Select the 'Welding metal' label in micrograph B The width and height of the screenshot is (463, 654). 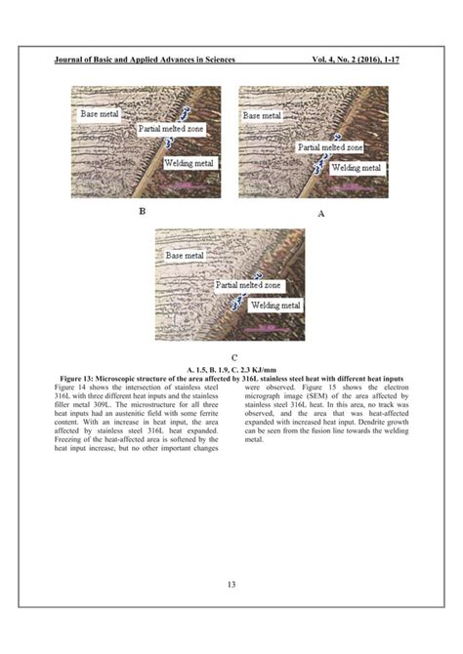189,163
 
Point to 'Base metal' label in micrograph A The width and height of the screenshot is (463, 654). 263,114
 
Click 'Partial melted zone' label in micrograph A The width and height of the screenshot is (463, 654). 329,147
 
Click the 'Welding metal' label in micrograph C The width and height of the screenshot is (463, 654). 275,306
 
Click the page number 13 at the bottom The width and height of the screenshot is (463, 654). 231,585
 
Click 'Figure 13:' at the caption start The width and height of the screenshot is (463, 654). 82,378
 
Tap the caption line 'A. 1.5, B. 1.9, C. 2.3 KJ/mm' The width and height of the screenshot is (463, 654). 231,369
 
